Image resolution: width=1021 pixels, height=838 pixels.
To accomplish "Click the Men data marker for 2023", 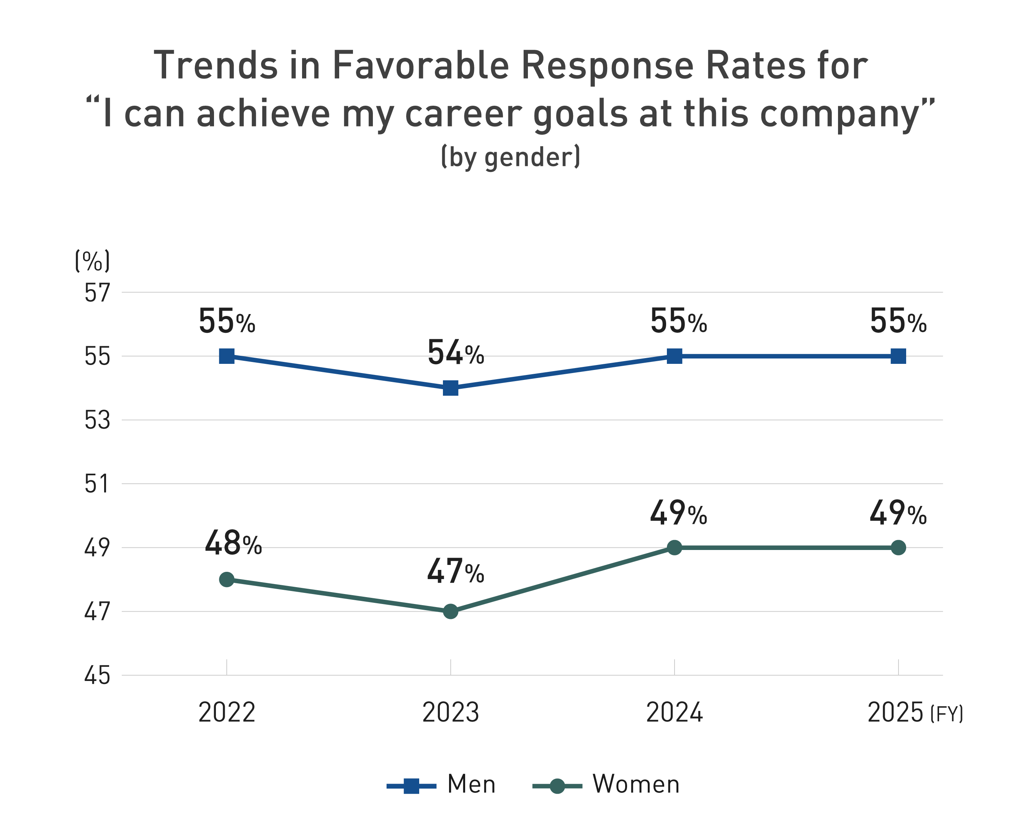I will tap(450, 388).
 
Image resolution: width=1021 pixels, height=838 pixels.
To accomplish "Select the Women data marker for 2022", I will tap(227, 579).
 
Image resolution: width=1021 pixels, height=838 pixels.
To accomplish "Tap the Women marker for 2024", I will tap(674, 547).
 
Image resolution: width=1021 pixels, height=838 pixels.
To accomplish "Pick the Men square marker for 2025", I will tap(898, 356).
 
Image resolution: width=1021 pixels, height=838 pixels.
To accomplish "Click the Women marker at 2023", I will tap(450, 612).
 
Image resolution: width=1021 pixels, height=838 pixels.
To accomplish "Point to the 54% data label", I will tap(456, 353).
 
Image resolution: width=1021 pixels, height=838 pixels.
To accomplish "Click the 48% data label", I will tap(233, 543).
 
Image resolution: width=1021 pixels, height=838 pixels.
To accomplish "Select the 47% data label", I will tap(456, 571).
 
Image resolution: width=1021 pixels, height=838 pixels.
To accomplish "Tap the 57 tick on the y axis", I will tap(98, 293).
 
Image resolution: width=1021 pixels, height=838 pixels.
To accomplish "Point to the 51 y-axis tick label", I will tap(98, 484).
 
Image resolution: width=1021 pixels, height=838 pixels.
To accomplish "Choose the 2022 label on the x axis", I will tap(227, 712).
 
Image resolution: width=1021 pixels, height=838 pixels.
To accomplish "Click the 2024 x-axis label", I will tap(674, 712).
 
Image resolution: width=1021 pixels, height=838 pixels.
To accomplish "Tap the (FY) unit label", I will tap(946, 714).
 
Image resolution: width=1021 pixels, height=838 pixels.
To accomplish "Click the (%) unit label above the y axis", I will tap(92, 261).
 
